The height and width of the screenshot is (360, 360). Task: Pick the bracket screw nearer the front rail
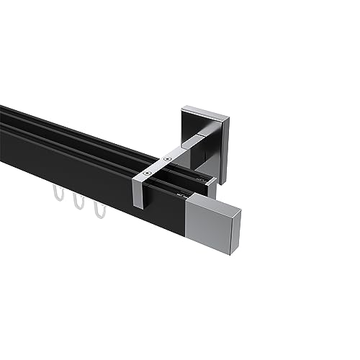(148, 172)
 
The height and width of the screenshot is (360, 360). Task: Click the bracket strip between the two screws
(158, 164)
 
